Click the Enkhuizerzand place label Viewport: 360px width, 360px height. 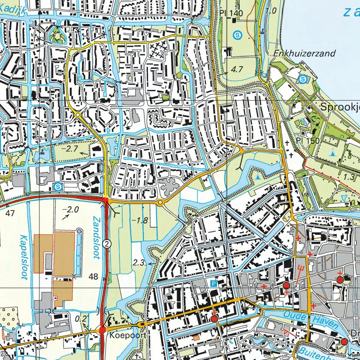coord(304,53)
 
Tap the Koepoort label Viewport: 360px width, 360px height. coord(123,336)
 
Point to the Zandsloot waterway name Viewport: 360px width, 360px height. coord(97,233)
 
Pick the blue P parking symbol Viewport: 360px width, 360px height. coord(214,284)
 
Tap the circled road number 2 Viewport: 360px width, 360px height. coord(107,243)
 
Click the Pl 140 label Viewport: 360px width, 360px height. coord(231,13)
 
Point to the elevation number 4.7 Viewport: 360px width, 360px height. coord(237,69)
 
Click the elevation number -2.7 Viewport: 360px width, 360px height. coord(70,149)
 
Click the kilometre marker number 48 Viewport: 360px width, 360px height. coord(93,277)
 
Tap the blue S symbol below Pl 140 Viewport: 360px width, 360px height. coord(238,34)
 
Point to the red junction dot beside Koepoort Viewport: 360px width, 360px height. coord(103,330)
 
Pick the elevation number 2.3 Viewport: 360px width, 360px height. coord(139,263)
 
